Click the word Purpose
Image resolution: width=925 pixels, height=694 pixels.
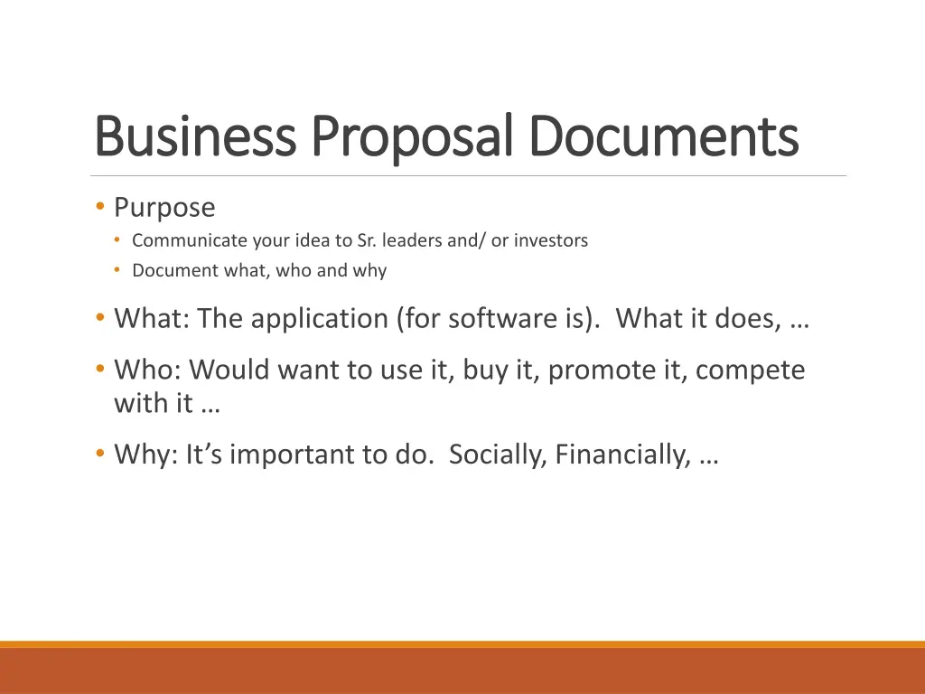(164, 208)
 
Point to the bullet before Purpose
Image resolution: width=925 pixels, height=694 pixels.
(99, 208)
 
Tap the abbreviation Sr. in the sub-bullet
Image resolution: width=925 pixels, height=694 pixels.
(369, 240)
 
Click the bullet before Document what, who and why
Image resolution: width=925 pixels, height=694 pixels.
(117, 270)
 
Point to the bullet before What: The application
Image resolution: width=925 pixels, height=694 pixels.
(99, 318)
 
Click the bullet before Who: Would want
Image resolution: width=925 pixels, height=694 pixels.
(99, 370)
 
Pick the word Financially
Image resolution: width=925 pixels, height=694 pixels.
(624, 455)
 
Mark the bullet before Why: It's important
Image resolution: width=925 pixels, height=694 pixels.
(99, 455)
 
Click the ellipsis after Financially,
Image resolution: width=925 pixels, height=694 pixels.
(709, 456)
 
